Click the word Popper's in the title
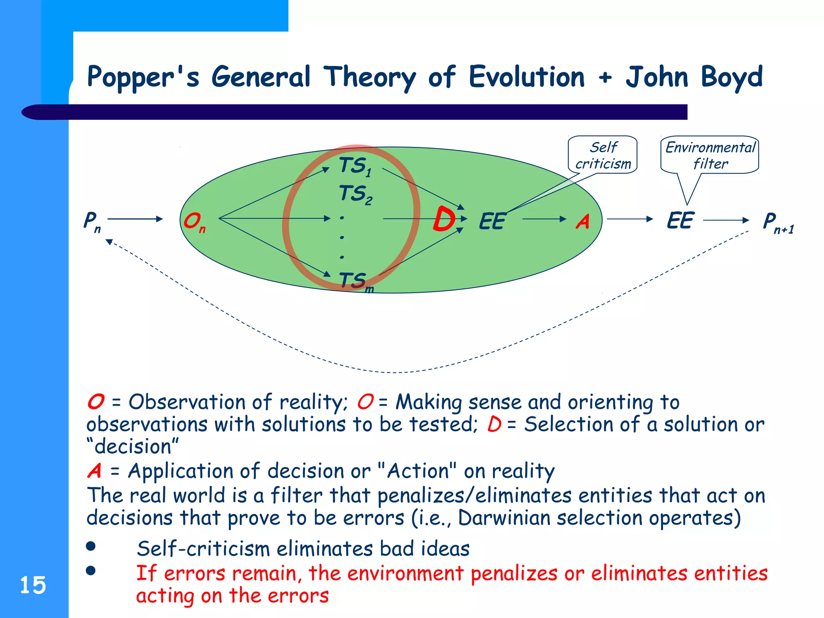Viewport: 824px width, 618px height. [x=143, y=78]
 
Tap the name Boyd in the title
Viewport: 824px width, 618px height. [x=731, y=78]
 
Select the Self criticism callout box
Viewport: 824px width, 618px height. [x=603, y=155]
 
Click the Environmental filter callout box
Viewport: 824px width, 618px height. [x=710, y=155]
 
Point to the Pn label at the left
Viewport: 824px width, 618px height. [x=92, y=221]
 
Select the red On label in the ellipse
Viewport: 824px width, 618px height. [x=194, y=222]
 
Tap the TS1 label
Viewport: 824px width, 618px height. [x=355, y=166]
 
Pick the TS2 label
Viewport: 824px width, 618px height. [x=355, y=194]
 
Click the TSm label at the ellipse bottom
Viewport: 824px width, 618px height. [x=356, y=281]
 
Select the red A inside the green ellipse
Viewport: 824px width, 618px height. [x=583, y=222]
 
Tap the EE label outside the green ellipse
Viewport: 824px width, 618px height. [x=680, y=220]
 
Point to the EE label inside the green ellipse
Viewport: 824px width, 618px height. [x=492, y=221]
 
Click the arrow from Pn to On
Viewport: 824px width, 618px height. [x=135, y=219]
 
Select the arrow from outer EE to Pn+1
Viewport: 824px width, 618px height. [x=726, y=220]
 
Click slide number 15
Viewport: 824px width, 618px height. [x=33, y=585]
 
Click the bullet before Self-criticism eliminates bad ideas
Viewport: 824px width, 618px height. [x=91, y=546]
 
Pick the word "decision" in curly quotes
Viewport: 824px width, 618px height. [x=133, y=447]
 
